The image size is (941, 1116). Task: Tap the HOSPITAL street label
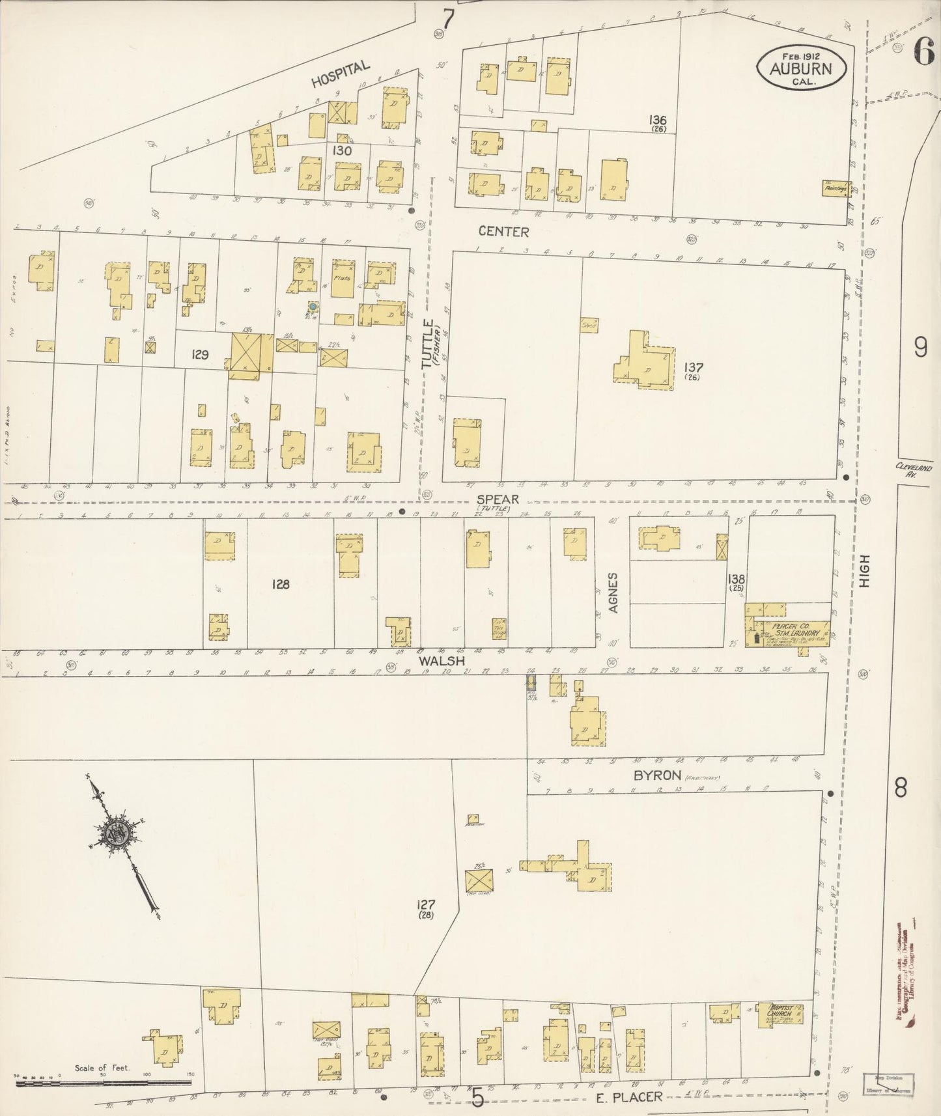tap(341, 74)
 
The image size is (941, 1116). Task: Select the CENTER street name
tap(503, 231)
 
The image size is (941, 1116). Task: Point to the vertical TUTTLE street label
tap(428, 344)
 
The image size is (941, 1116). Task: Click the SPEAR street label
tap(498, 499)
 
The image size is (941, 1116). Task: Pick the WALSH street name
tap(442, 660)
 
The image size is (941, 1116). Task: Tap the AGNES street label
tap(613, 593)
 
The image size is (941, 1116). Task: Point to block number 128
tap(281, 584)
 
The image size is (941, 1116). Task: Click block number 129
tap(199, 355)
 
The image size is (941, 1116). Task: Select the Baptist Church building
tap(779, 1015)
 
